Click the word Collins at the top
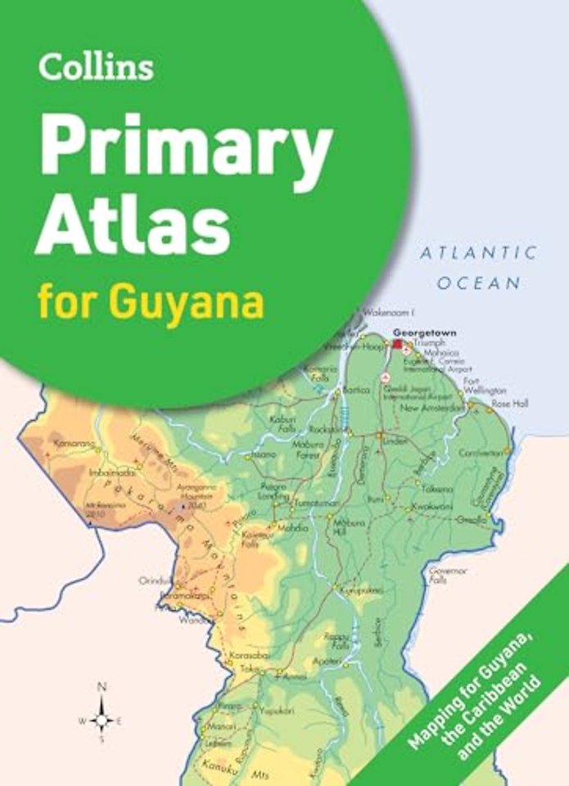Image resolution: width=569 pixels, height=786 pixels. point(95,67)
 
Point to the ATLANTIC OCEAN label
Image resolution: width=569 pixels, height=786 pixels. point(479,267)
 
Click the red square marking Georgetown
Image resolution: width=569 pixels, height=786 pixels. point(399,345)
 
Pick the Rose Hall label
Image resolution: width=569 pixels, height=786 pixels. point(509,404)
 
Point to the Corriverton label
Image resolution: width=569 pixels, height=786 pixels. point(480,452)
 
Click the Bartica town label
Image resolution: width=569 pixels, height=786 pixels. point(355,391)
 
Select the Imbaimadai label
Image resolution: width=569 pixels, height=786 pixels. point(111,471)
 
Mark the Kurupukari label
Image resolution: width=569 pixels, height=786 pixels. point(362,589)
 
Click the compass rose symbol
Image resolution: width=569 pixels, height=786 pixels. point(102,720)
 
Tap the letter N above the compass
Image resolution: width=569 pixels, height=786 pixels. point(102,687)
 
